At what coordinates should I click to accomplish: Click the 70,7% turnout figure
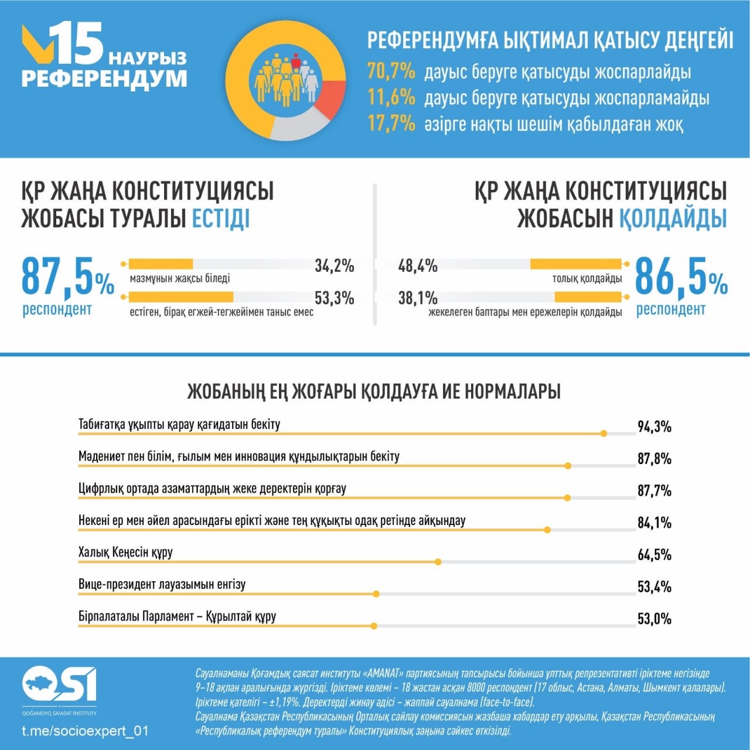[391, 72]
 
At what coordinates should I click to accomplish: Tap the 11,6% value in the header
[391, 98]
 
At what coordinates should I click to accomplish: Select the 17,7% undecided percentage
[391, 124]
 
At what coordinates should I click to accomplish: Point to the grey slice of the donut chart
[299, 127]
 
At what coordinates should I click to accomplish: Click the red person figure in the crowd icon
[296, 62]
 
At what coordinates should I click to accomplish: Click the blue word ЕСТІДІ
[221, 219]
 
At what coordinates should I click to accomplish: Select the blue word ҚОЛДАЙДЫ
[673, 219]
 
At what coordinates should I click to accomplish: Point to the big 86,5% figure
[681, 277]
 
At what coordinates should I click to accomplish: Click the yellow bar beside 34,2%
[161, 264]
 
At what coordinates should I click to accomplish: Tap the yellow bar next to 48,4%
[575, 264]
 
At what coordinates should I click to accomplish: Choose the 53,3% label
[335, 298]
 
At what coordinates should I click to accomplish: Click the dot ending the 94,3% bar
[604, 434]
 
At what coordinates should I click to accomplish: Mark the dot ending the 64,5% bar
[438, 562]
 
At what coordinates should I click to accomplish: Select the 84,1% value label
[654, 523]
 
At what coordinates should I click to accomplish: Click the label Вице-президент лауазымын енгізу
[162, 584]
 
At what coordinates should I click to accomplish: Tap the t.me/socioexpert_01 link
[85, 731]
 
